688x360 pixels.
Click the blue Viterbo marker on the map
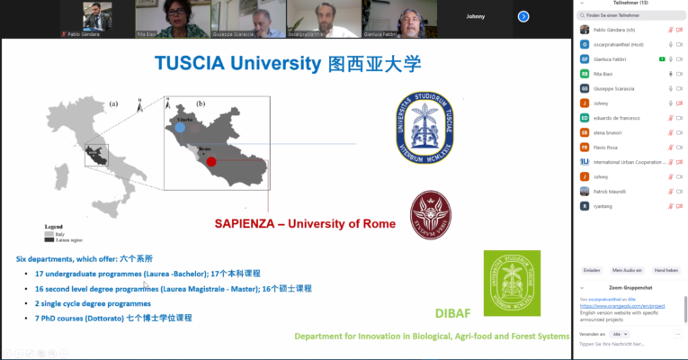pos(180,129)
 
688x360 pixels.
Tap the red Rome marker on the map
pos(211,163)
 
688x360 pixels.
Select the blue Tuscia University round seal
pos(425,124)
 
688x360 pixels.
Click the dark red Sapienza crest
pos(431,214)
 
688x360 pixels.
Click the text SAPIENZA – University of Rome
pos(305,223)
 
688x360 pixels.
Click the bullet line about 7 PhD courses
pos(113,318)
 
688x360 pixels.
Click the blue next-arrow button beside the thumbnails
pos(523,16)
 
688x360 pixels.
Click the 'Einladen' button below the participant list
pos(591,270)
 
